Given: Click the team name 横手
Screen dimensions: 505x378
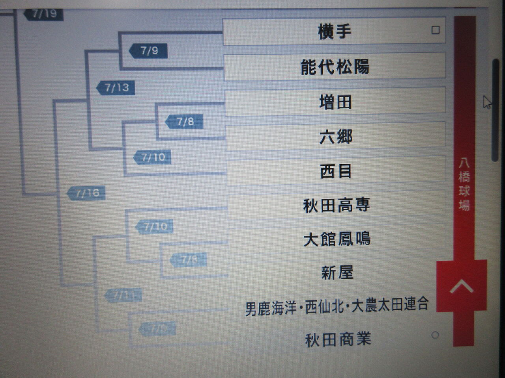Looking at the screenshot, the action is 334,31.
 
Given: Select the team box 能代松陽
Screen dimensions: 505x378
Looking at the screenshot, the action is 335,67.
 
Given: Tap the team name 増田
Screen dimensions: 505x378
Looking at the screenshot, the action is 335,102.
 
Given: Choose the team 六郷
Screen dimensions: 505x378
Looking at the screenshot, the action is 336,137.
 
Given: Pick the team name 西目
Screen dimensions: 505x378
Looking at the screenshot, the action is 336,171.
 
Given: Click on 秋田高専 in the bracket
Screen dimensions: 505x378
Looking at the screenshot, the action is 337,205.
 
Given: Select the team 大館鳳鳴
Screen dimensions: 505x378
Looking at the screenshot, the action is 337,239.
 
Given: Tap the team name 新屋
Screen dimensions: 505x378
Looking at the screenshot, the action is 337,272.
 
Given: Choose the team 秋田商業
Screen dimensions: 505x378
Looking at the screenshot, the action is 338,339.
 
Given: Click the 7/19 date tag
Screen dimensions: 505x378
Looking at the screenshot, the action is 44,14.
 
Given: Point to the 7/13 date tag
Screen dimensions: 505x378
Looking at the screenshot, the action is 116,87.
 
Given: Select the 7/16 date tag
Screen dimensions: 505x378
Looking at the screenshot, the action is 87,193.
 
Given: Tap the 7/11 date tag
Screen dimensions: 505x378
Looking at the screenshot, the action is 123,295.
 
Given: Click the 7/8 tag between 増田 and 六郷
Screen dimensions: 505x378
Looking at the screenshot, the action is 185,121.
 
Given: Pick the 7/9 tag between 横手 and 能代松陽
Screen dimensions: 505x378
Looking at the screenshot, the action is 149,51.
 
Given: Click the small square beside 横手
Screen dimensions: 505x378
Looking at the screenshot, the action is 435,30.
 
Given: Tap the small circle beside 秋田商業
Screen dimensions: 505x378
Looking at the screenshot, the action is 435,335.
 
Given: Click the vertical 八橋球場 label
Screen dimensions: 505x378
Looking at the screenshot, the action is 464,184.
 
